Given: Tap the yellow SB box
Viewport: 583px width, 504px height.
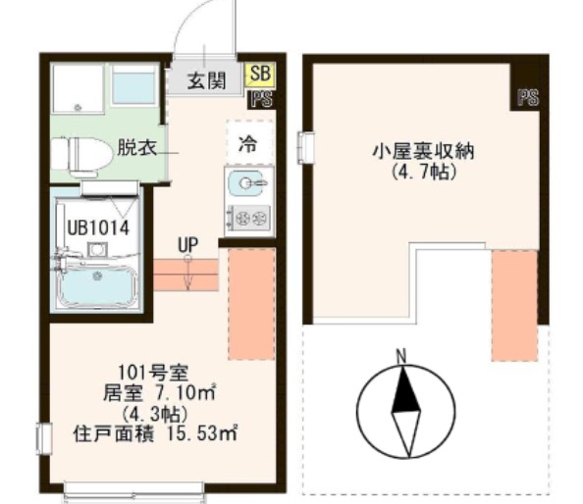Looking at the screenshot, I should pos(261,74).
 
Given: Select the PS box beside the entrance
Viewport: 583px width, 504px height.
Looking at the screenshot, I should pos(262,97).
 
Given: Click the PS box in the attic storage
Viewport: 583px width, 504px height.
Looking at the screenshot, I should pos(528,97).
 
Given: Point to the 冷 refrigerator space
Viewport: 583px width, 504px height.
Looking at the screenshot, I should pos(248,142).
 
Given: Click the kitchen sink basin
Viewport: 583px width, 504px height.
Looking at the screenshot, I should pos(246,183).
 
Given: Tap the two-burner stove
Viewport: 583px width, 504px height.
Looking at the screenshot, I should pos(248,217).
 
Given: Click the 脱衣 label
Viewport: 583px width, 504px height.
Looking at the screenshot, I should pos(134,149).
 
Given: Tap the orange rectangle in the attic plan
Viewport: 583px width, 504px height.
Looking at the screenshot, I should pos(514,304).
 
